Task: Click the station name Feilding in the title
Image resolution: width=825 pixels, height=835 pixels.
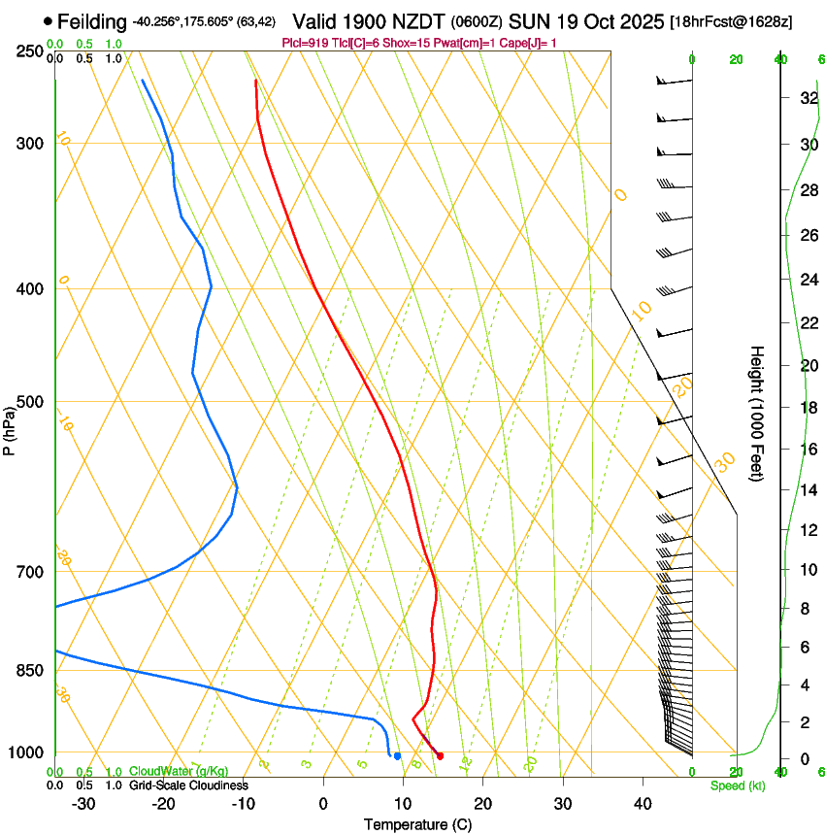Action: coord(92,21)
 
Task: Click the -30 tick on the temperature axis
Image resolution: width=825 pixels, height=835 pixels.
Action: coord(83,804)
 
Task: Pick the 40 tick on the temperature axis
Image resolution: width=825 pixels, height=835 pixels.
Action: coord(643,804)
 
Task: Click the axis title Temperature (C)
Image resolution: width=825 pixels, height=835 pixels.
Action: coord(417,824)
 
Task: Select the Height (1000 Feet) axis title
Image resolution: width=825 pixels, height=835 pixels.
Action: coord(758,413)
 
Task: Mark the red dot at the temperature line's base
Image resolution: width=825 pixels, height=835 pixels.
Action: coord(441,755)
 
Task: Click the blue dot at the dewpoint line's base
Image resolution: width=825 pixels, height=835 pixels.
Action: coord(397,755)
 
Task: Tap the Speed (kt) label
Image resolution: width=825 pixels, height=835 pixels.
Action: coord(737,785)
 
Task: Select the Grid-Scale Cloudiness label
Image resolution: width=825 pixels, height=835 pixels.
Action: coord(187,785)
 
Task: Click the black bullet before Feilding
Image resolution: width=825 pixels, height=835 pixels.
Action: coord(48,21)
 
